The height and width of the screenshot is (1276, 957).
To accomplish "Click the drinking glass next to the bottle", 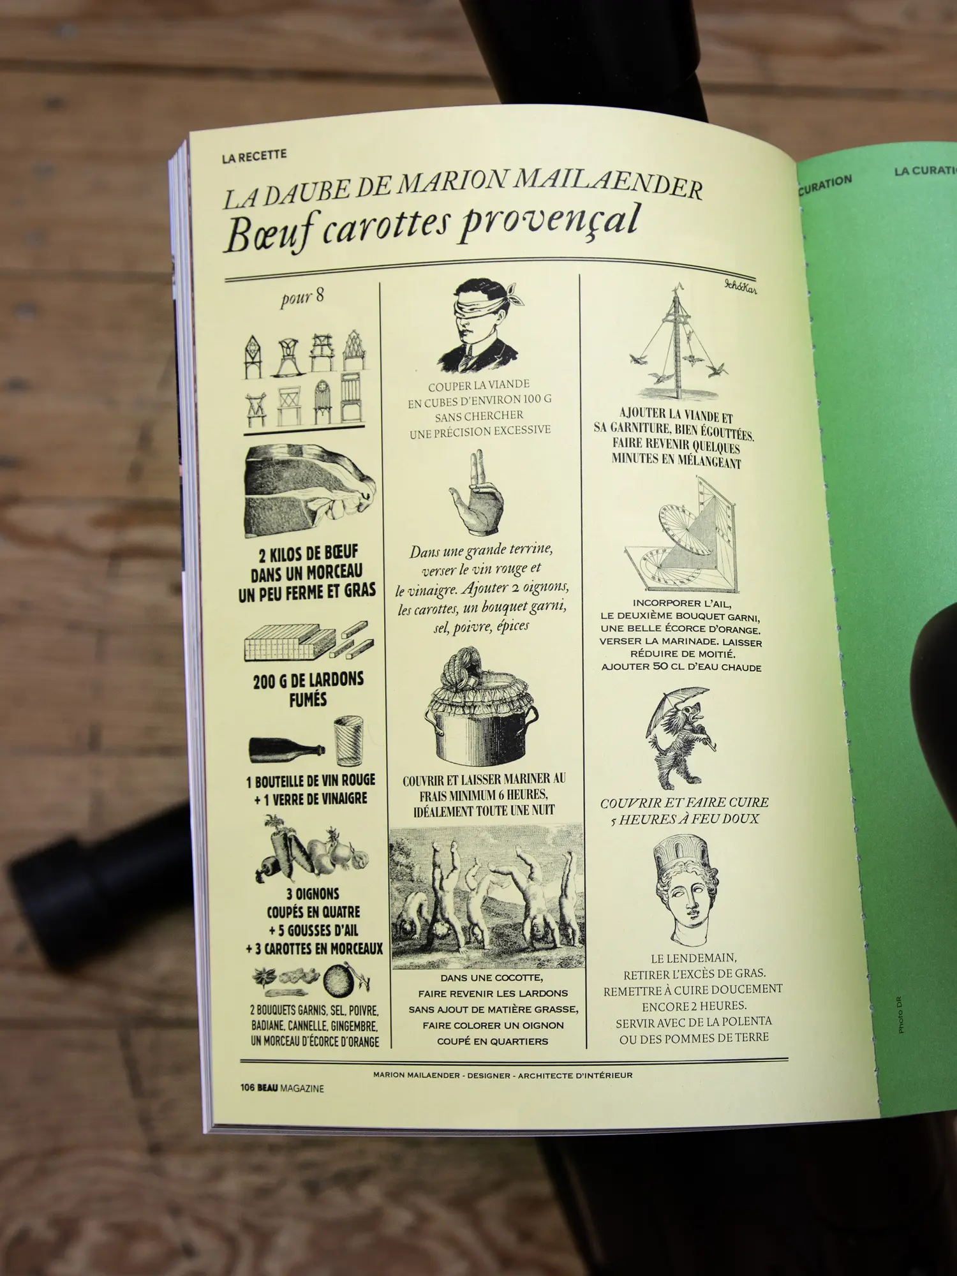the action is point(348,741).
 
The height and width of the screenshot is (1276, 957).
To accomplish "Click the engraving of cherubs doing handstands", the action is point(487,896).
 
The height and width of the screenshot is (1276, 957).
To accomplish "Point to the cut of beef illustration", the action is point(309,492).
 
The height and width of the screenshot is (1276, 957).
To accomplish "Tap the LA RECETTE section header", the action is point(255,156).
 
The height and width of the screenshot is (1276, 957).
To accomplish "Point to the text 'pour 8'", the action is point(302,297).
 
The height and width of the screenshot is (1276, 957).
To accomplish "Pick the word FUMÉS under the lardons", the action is point(308,699).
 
